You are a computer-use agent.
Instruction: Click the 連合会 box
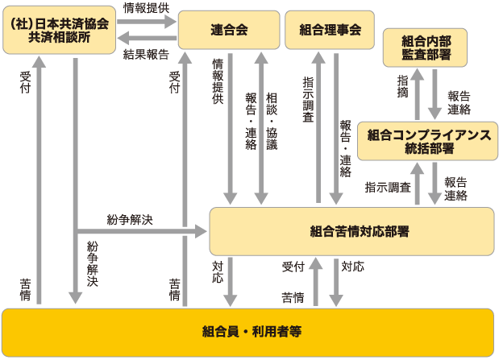tap(228, 30)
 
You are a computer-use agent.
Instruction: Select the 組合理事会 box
tap(330, 30)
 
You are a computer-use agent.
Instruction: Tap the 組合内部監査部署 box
tap(436, 48)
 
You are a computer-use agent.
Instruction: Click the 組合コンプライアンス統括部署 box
tap(429, 142)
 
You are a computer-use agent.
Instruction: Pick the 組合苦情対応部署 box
tap(351, 232)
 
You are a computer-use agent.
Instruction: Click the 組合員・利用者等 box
tap(249, 331)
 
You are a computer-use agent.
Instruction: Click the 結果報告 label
tap(146, 55)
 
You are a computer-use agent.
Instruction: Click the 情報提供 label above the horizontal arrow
tap(146, 7)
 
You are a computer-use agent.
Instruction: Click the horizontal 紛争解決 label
tap(129, 219)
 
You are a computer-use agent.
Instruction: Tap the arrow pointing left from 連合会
tap(146, 39)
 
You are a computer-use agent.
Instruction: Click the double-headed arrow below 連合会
tap(260, 129)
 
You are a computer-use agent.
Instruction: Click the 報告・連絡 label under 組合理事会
tap(346, 148)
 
